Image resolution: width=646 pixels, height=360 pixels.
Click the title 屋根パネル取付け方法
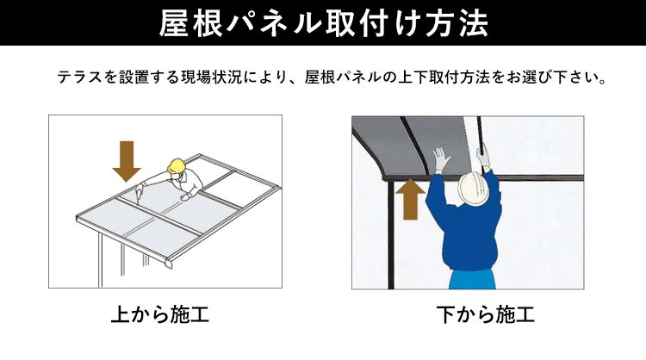[x=323, y=22]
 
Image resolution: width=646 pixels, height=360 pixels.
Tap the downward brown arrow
[x=127, y=160]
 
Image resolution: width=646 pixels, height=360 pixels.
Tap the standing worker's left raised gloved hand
[x=442, y=160]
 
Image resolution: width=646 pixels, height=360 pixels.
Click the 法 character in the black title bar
[x=472, y=22]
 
